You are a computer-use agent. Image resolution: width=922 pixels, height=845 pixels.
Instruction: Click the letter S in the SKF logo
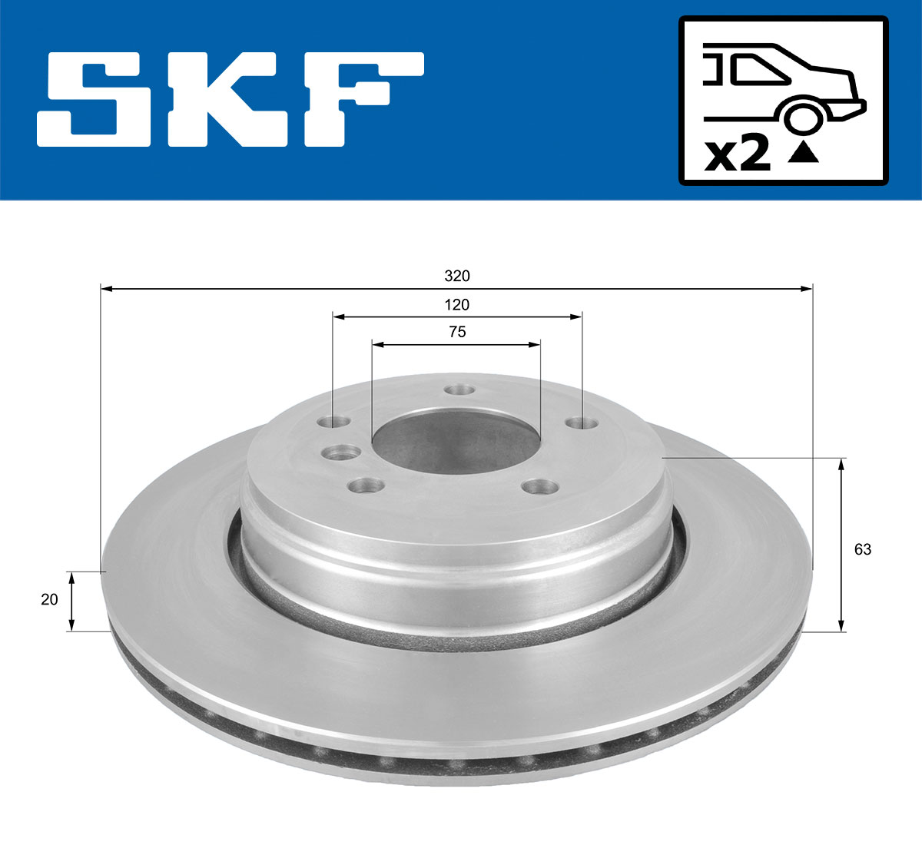[95, 100]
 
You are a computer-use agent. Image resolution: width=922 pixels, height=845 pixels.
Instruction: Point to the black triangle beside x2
[804, 153]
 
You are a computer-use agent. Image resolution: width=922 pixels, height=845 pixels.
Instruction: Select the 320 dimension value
[456, 276]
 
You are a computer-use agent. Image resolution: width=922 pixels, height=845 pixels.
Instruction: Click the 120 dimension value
[456, 305]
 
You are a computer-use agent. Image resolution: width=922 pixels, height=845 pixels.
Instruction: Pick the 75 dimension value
[456, 332]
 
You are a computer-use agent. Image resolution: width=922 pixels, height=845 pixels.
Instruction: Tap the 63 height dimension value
[863, 549]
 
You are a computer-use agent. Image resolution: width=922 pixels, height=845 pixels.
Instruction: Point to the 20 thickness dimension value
[49, 599]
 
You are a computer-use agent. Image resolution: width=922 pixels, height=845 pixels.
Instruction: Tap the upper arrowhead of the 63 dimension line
[842, 463]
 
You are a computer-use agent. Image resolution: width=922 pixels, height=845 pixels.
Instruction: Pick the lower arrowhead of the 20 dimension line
[71, 625]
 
